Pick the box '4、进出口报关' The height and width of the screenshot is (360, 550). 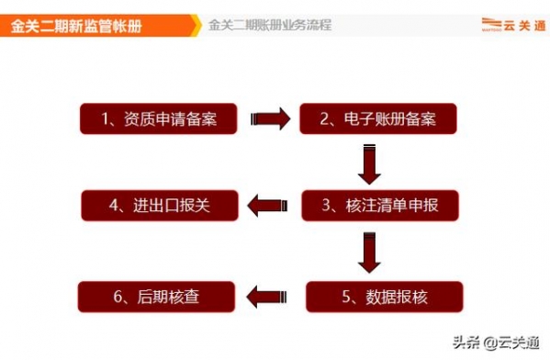coord(160,205)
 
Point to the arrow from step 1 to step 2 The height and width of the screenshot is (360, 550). coord(268,118)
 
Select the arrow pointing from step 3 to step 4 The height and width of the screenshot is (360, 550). coord(271,205)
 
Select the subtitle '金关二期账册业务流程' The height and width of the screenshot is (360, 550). coord(270,26)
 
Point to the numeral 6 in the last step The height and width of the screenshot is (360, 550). coord(118,297)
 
